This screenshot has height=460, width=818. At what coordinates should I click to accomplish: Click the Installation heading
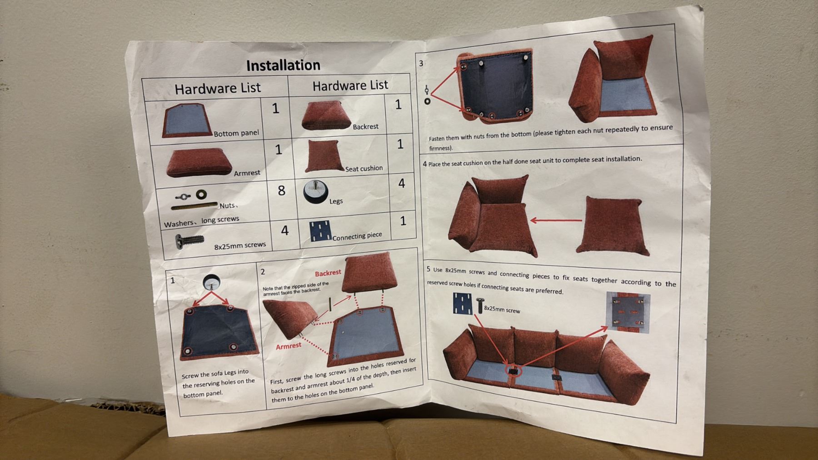coord(283,65)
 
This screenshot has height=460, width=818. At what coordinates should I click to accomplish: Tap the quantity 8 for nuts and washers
coord(281,190)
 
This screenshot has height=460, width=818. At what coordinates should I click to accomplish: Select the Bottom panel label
coord(236,133)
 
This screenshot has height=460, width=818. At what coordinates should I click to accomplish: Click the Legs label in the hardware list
coord(336,201)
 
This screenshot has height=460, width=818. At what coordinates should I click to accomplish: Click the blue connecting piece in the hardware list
coord(320,231)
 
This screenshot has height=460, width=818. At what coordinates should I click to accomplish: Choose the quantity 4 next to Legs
coord(402,183)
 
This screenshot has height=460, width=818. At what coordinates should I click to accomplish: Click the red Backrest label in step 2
coord(328,273)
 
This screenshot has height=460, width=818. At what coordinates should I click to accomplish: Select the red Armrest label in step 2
coord(289,346)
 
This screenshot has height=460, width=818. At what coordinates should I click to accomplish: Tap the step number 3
coord(421,64)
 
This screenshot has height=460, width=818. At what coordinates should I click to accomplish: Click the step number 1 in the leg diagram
coord(173,280)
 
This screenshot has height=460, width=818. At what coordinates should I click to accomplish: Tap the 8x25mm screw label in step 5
coord(502,310)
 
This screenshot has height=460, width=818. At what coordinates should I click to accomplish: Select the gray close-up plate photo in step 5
coord(628,313)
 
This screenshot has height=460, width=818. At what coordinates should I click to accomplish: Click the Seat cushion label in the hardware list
coord(364,169)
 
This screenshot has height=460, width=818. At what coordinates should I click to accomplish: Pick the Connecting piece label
coord(357,236)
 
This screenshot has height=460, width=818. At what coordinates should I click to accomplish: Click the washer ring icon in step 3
coord(427,101)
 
